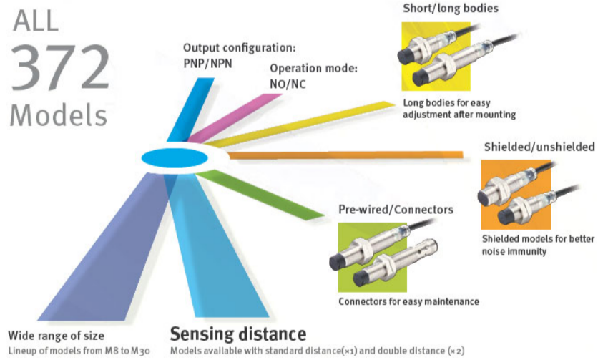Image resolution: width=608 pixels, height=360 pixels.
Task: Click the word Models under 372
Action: [59, 115]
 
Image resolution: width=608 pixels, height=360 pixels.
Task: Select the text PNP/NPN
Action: [207, 62]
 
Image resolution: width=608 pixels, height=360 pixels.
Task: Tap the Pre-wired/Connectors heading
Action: [396, 210]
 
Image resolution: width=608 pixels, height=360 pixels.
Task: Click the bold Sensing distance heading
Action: [237, 334]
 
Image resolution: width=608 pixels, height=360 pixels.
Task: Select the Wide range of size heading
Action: [57, 336]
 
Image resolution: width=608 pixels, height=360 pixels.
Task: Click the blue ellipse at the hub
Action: [174, 157]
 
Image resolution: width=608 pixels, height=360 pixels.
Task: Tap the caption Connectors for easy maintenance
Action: [408, 301]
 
